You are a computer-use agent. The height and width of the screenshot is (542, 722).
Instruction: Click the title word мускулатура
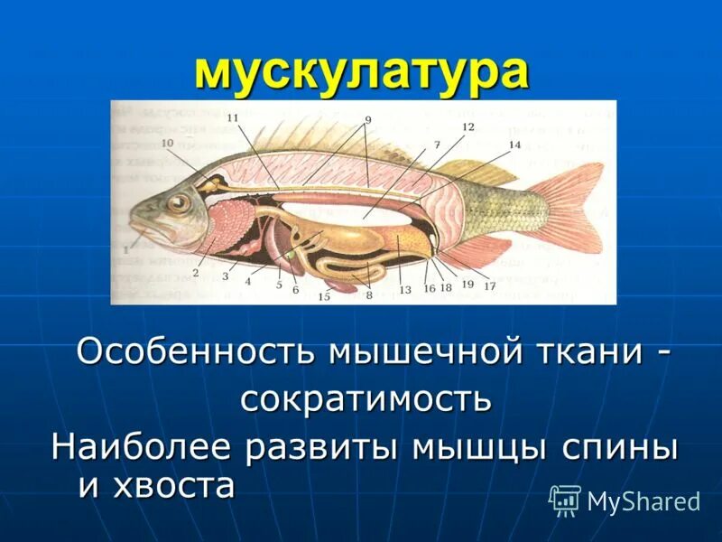tap(361, 71)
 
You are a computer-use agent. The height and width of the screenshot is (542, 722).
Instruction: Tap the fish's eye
tap(179, 201)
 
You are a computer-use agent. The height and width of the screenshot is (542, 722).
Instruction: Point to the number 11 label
tap(233, 118)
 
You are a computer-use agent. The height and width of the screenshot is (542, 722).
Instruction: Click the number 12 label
tap(467, 127)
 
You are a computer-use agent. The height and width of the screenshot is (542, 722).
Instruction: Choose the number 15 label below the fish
tap(324, 296)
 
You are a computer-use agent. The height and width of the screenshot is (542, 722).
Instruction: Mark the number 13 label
tap(405, 290)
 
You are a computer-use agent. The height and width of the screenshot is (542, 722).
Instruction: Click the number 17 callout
tap(490, 286)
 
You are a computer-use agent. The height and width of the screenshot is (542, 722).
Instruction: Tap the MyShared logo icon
tap(565, 499)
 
